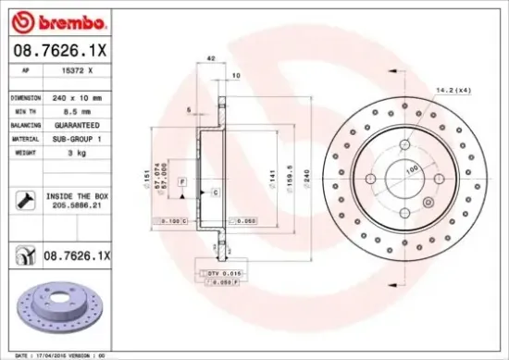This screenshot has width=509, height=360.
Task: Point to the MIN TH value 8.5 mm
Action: (x=72, y=109)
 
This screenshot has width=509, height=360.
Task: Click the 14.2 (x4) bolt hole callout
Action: (x=453, y=90)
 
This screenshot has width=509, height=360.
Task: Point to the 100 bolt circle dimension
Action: (x=411, y=168)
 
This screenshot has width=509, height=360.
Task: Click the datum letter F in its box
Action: (x=182, y=179)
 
